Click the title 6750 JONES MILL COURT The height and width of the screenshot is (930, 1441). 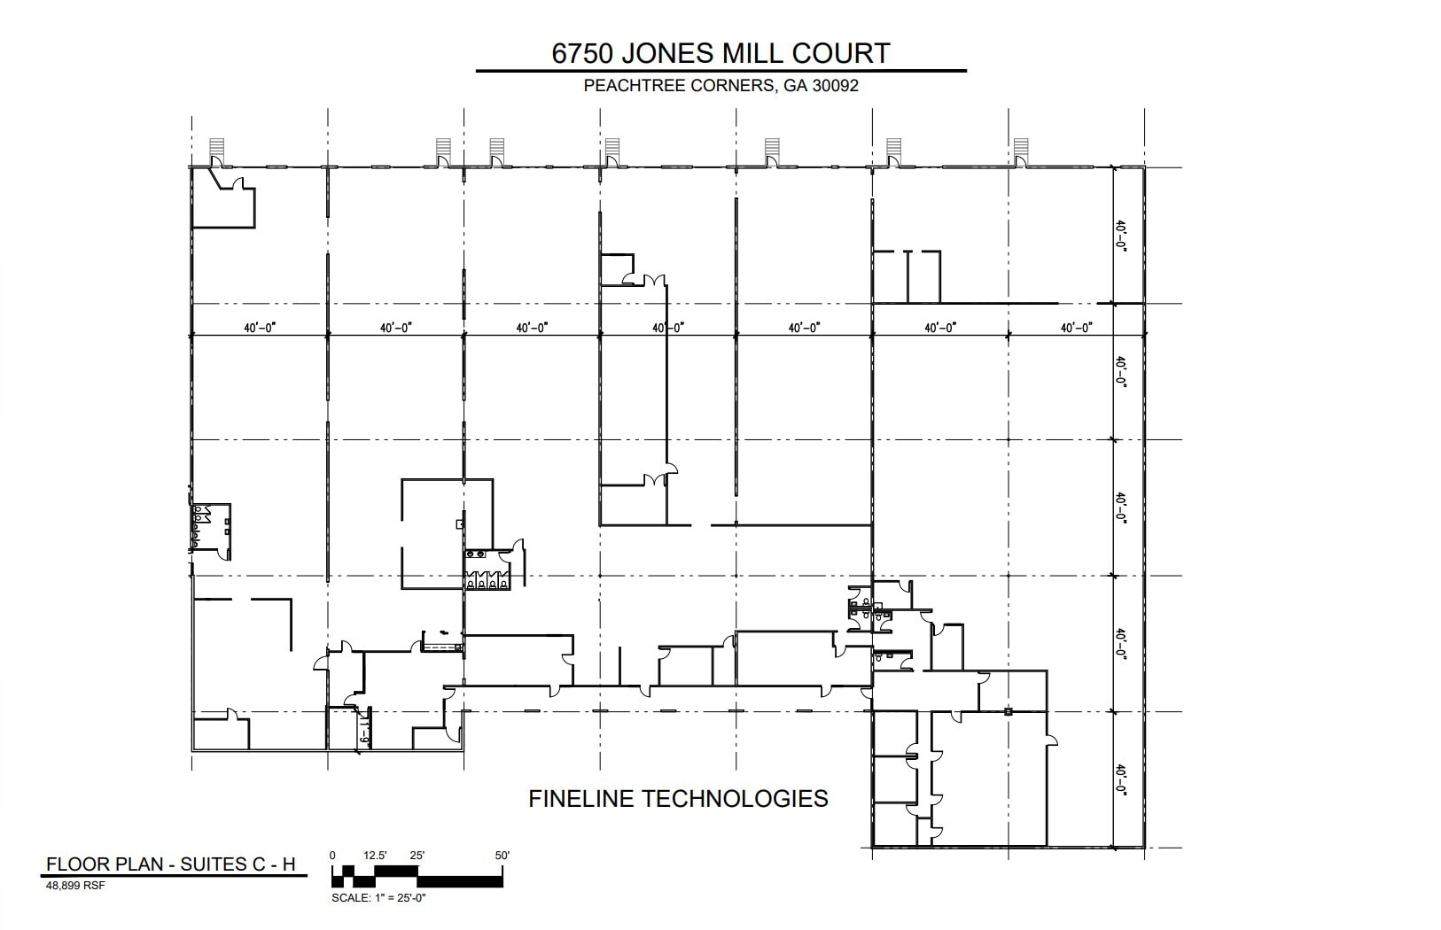coord(720,53)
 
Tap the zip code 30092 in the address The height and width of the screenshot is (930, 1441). coord(834,87)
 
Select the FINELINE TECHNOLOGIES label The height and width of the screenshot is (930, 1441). coord(678,799)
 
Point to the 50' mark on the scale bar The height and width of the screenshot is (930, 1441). coord(502,856)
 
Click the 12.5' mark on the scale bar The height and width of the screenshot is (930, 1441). coord(376,856)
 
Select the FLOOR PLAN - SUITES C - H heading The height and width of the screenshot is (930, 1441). coord(170,864)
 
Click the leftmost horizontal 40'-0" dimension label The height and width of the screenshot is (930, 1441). coord(261,328)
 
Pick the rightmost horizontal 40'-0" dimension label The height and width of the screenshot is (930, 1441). coord(1077,328)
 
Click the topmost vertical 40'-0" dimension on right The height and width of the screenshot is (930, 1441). coord(1121,237)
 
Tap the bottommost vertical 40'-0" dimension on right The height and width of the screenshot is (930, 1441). coord(1121,779)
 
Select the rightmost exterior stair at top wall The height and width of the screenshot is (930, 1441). coord(1021,148)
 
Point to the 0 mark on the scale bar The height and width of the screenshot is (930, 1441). coord(332,856)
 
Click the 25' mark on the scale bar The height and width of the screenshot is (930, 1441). coord(417,856)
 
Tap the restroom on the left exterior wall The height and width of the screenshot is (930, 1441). coord(211,528)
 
